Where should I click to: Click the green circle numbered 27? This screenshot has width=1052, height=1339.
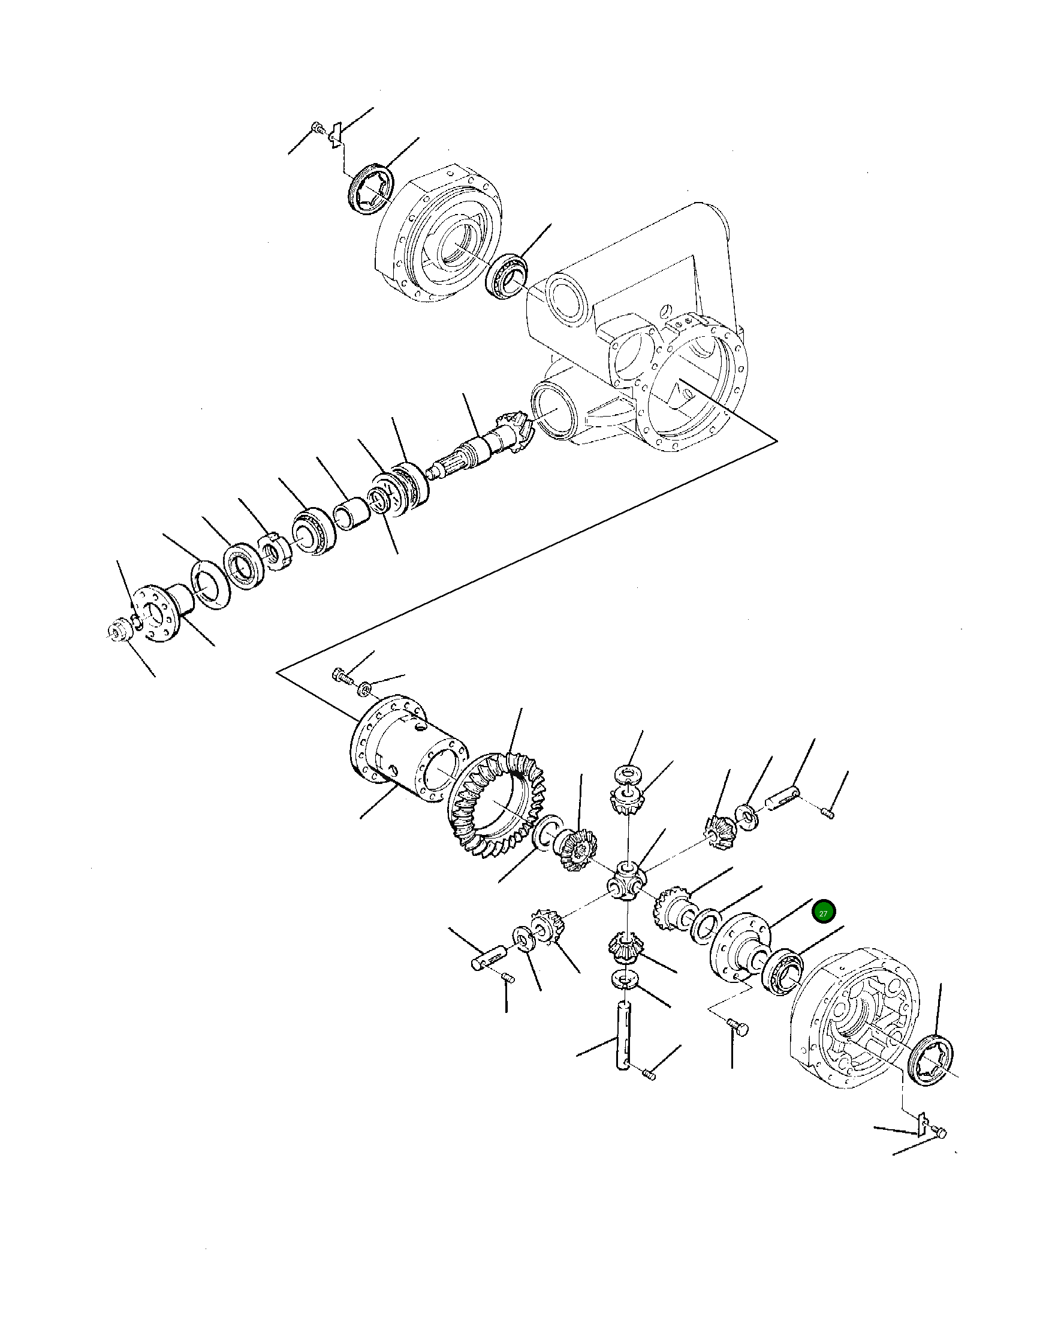[824, 913]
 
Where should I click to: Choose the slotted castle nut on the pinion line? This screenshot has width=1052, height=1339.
[273, 551]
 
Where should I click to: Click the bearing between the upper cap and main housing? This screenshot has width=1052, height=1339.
[507, 277]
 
